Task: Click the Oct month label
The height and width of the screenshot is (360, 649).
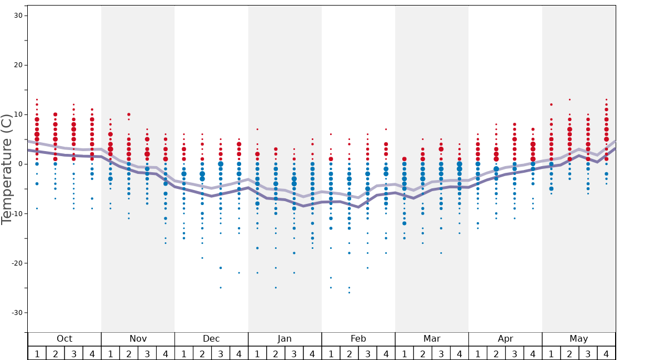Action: pyautogui.click(x=64, y=339)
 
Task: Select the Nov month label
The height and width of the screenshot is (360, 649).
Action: pyautogui.click(x=138, y=339)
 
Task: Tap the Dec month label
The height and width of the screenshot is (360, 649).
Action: pyautogui.click(x=211, y=339)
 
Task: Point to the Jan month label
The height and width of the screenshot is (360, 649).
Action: pyautogui.click(x=284, y=339)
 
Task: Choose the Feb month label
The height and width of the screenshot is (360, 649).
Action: pyautogui.click(x=358, y=339)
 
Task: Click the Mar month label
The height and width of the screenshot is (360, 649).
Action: pyautogui.click(x=432, y=339)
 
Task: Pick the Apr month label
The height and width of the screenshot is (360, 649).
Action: pyautogui.click(x=505, y=339)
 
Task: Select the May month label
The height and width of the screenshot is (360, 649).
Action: pyautogui.click(x=578, y=339)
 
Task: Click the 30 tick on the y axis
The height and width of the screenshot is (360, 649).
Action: pyautogui.click(x=18, y=16)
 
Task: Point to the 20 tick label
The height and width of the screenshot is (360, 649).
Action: pyautogui.click(x=18, y=65)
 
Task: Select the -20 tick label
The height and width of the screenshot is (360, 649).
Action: pyautogui.click(x=17, y=263)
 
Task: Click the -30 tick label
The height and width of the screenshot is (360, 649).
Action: pyautogui.click(x=17, y=312)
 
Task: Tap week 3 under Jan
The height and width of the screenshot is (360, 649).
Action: pyautogui.click(x=294, y=353)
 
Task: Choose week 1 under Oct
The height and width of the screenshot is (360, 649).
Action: pyautogui.click(x=37, y=353)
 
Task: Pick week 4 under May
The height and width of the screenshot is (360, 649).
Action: pyautogui.click(x=606, y=353)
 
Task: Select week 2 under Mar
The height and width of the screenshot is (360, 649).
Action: pyautogui.click(x=423, y=353)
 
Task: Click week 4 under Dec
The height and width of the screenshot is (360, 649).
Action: pyautogui.click(x=239, y=353)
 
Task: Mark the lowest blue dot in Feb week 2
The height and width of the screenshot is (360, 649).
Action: pyautogui.click(x=349, y=292)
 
